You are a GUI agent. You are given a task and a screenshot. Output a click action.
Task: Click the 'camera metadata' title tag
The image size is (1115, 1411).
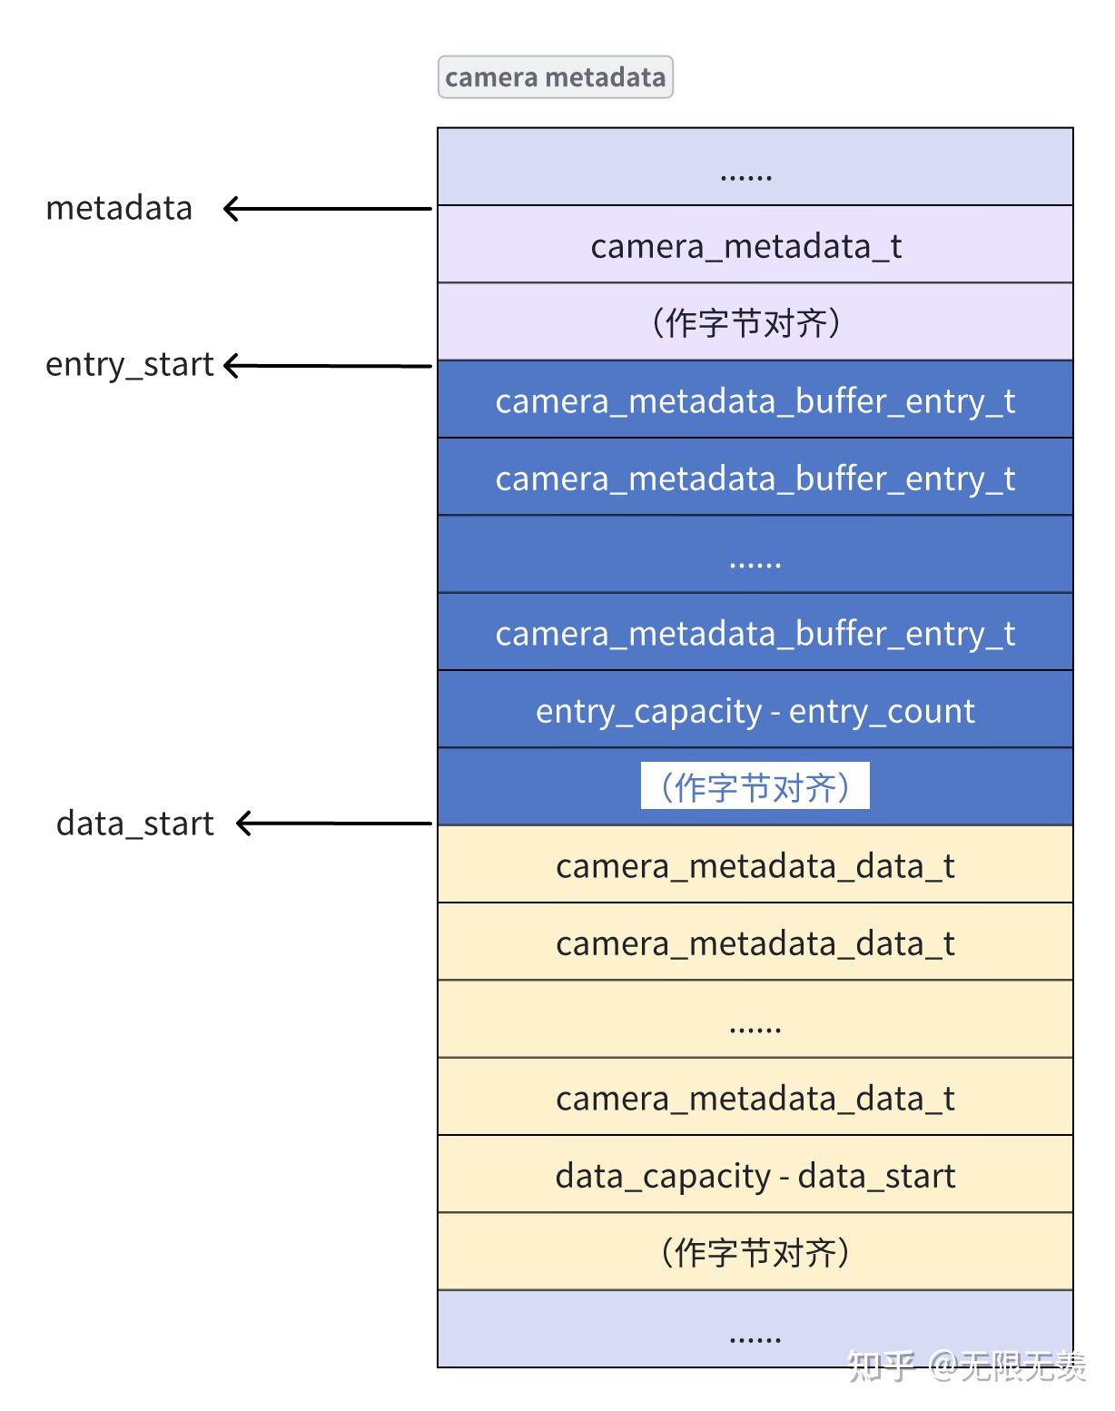tap(555, 77)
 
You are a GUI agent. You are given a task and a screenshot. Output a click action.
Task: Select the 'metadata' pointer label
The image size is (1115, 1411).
tap(119, 208)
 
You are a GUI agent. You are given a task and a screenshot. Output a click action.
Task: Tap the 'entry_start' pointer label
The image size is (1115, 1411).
tap(129, 364)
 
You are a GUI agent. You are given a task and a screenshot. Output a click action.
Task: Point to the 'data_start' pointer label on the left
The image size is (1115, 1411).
tap(134, 824)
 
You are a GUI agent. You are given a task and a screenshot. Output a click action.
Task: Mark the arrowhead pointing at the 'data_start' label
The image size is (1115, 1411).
tap(244, 824)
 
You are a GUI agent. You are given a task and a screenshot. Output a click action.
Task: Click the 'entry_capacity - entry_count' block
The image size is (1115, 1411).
tap(755, 710)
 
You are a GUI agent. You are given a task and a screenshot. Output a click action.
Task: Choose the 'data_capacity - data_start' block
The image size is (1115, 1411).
tap(755, 1175)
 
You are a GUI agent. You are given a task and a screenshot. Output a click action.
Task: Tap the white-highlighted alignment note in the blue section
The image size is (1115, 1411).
tap(755, 786)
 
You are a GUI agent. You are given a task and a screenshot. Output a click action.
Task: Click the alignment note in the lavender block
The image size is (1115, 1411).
tap(746, 322)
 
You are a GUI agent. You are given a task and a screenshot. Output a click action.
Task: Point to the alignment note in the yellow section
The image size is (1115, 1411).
tap(755, 1252)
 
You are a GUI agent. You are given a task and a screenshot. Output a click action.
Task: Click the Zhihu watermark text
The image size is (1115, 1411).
tap(966, 1365)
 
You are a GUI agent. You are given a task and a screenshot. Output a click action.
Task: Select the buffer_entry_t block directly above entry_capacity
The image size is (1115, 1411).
tap(755, 633)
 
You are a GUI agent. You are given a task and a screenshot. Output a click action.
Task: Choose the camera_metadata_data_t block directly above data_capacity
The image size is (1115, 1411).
tap(755, 1098)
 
